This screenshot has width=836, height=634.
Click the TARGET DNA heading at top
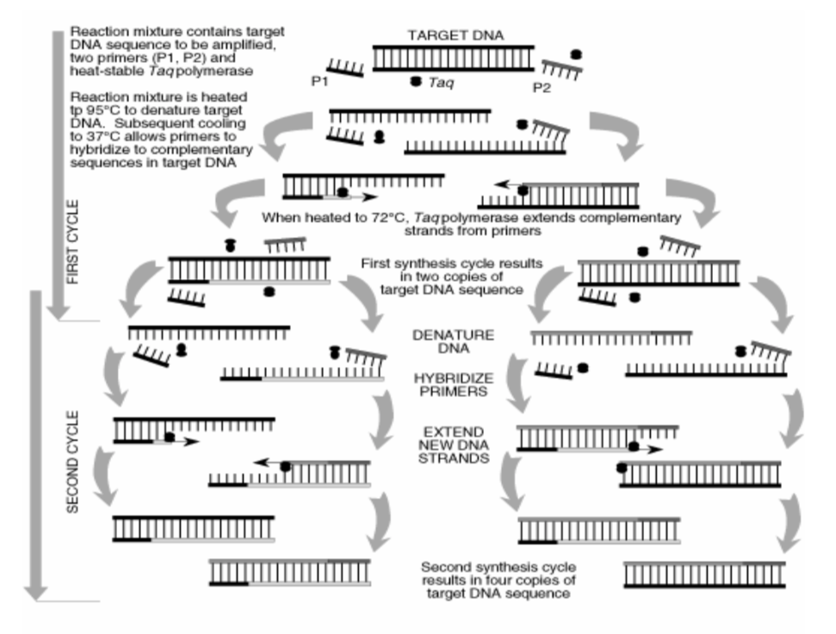point(455,35)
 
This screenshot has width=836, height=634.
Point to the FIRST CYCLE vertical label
point(72,241)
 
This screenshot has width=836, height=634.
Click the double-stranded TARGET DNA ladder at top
point(453,59)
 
